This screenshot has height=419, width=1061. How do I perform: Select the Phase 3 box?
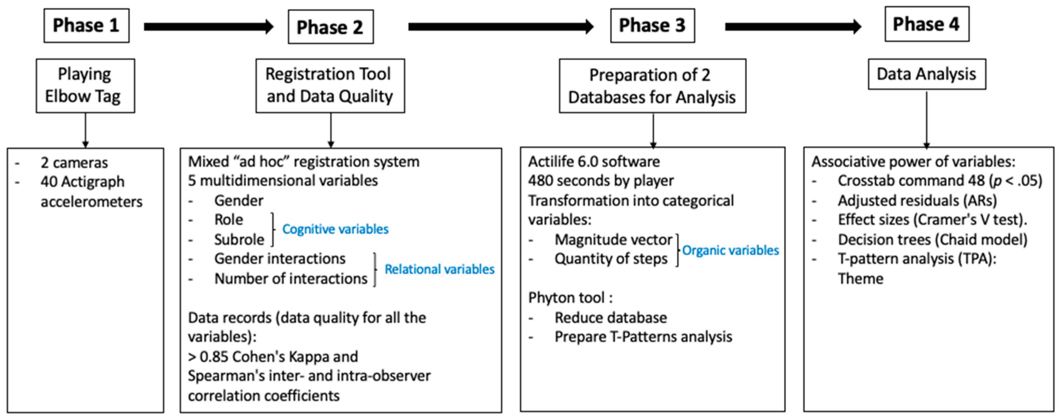tap(652, 25)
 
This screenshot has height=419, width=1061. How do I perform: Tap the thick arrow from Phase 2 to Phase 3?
tap(500, 27)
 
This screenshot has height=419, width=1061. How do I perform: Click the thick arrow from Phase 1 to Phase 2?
tap(208, 27)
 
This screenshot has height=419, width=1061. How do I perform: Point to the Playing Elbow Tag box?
tap(85, 86)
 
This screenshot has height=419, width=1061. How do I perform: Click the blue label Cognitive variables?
tap(335, 229)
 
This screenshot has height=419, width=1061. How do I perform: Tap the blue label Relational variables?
tap(439, 269)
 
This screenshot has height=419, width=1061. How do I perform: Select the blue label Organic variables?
tap(730, 250)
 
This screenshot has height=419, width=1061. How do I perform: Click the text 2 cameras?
tap(74, 163)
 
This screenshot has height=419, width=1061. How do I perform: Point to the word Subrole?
tap(239, 239)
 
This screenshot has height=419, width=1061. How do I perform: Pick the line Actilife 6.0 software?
tap(593, 162)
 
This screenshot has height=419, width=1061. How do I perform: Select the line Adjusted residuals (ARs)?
tap(917, 201)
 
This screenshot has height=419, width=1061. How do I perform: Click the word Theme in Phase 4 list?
tap(860, 279)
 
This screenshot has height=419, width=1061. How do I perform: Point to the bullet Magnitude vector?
tap(613, 239)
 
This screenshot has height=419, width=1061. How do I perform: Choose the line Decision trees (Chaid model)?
tap(932, 239)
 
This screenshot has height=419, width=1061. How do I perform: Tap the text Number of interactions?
tap(290, 279)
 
